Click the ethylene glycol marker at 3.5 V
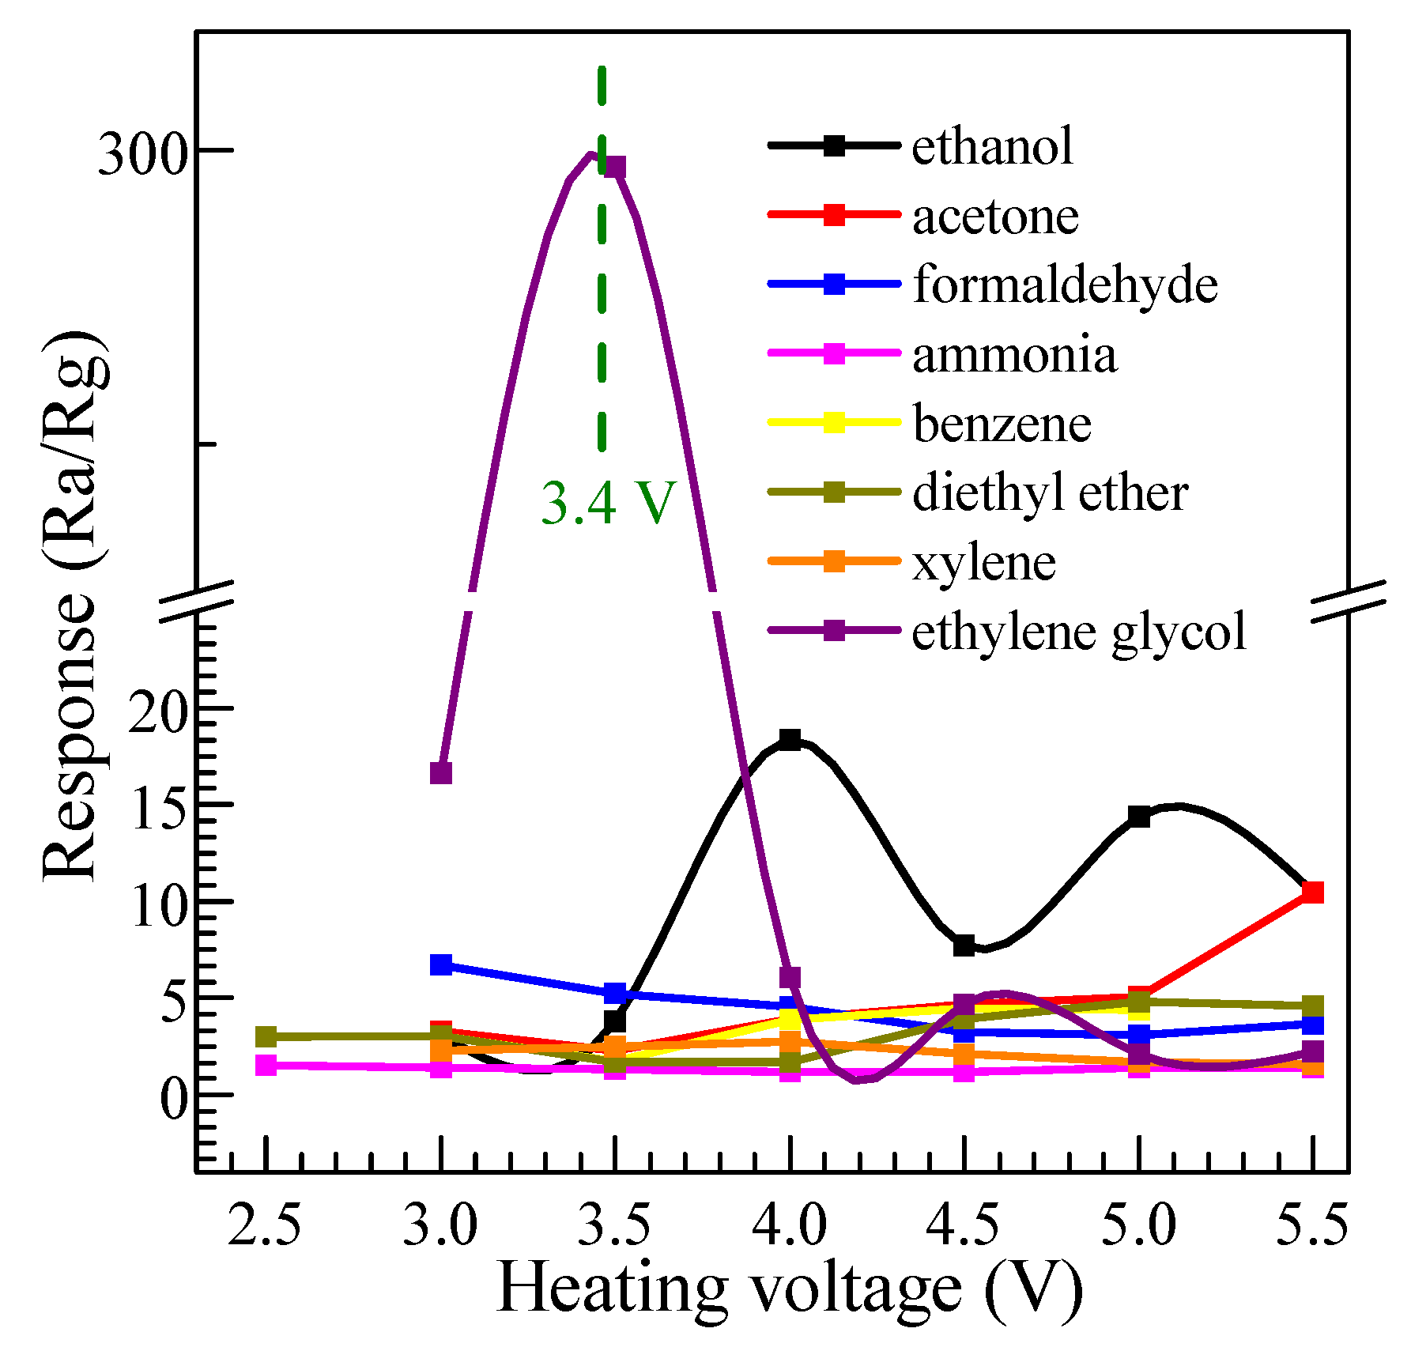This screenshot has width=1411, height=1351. pyautogui.click(x=615, y=168)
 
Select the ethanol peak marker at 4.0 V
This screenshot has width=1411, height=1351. pyautogui.click(x=790, y=740)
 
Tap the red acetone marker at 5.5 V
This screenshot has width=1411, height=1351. pyautogui.click(x=1312, y=892)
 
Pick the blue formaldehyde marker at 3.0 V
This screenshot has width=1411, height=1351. pyautogui.click(x=441, y=964)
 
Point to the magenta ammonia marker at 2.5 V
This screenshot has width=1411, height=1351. pyautogui.click(x=266, y=1065)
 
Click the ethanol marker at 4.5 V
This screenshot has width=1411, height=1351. pyautogui.click(x=964, y=945)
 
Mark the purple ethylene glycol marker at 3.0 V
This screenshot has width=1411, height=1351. pyautogui.click(x=441, y=772)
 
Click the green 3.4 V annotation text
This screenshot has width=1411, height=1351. pyautogui.click(x=608, y=502)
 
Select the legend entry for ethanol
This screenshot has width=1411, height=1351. pyautogui.click(x=992, y=146)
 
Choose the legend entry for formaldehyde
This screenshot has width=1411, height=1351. pyautogui.click(x=1064, y=284)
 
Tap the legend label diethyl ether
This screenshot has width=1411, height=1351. pyautogui.click(x=1050, y=492)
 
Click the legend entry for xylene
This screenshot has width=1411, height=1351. pyautogui.click(x=983, y=562)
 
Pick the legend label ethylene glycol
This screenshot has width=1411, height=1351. pyautogui.click(x=1078, y=632)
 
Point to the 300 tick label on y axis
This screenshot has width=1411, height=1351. pyautogui.click(x=141, y=152)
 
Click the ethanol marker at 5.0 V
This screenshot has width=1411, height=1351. pyautogui.click(x=1138, y=817)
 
